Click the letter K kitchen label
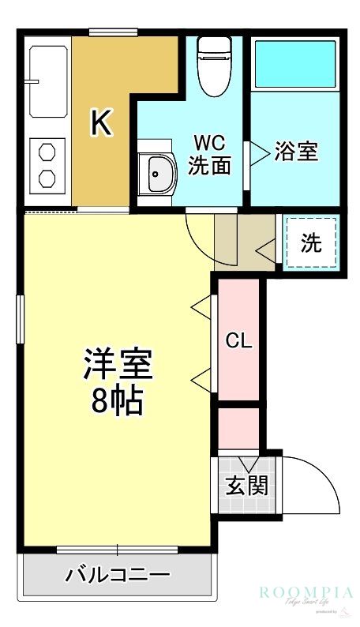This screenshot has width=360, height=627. click(101, 122)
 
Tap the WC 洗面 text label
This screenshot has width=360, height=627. click(209, 155)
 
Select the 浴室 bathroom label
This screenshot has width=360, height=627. click(296, 152)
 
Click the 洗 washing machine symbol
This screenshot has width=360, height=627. click(312, 244)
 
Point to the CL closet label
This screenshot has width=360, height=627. click(238, 341)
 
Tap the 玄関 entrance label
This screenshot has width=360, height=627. click(246, 485)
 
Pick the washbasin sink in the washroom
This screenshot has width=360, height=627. click(159, 171)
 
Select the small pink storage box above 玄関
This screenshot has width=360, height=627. click(238, 429)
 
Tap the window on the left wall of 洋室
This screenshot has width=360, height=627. click(20, 319)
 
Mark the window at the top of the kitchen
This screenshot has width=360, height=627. click(108, 32)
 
